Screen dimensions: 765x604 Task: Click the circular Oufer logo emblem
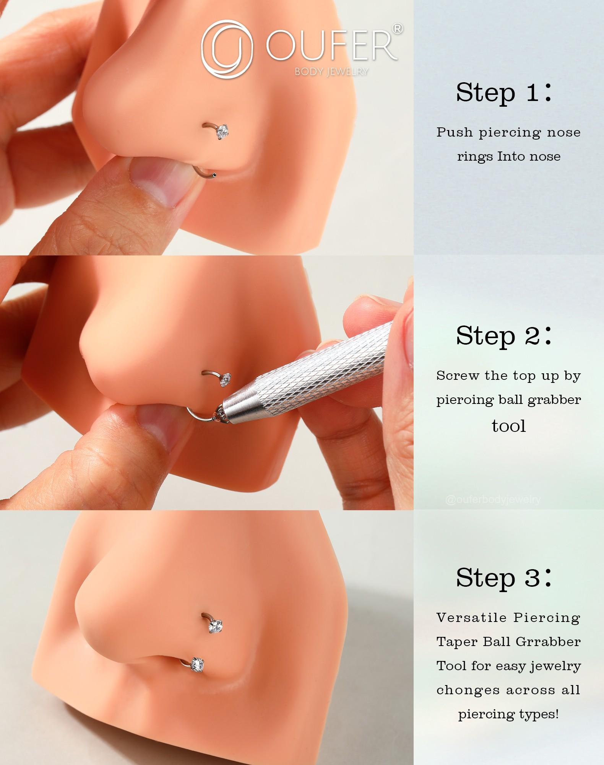(x=227, y=49)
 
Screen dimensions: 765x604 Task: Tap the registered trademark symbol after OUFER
(x=398, y=29)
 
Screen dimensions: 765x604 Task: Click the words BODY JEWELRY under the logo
(x=331, y=72)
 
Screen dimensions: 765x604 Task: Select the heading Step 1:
(x=504, y=93)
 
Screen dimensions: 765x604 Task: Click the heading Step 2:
(x=504, y=336)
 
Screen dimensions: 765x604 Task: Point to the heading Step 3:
(x=504, y=578)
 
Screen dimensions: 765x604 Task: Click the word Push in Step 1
(x=455, y=132)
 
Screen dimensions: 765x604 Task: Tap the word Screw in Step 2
(x=457, y=376)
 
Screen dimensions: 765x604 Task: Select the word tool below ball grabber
(x=508, y=426)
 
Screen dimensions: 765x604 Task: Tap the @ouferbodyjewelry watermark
(x=493, y=500)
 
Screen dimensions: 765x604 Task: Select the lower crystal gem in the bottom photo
(x=198, y=664)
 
